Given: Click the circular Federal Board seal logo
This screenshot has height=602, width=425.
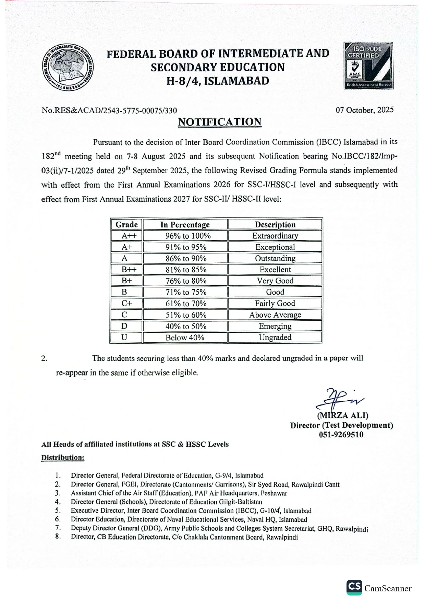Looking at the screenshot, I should click(x=68, y=68).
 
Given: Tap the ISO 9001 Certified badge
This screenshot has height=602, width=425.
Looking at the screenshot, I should click(x=368, y=66).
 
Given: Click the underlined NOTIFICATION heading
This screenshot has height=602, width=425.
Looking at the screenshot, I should click(x=219, y=122).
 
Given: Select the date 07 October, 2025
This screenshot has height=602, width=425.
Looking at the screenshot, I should click(x=365, y=110).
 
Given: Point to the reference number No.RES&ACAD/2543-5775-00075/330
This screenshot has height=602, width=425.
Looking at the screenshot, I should click(x=109, y=110).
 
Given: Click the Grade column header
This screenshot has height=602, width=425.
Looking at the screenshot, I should click(x=126, y=225).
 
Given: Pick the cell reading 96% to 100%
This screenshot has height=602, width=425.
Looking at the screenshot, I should click(x=185, y=236).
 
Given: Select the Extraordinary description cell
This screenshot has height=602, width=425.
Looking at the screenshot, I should click(x=275, y=236).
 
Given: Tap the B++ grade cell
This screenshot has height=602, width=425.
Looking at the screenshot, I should click(x=126, y=270).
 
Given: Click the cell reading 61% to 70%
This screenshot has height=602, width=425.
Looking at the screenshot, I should click(x=185, y=304).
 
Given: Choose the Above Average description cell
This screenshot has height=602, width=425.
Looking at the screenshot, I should click(x=275, y=315).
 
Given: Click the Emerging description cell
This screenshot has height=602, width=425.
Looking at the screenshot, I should click(x=275, y=326).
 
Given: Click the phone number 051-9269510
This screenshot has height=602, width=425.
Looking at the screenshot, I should click(x=341, y=435).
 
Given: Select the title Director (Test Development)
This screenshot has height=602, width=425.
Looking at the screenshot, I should click(x=341, y=425).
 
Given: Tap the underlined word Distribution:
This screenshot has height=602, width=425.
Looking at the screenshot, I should click(x=63, y=458).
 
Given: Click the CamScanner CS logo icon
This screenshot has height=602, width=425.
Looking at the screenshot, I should click(x=354, y=587).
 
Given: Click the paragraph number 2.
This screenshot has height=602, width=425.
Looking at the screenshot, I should click(x=44, y=359).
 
